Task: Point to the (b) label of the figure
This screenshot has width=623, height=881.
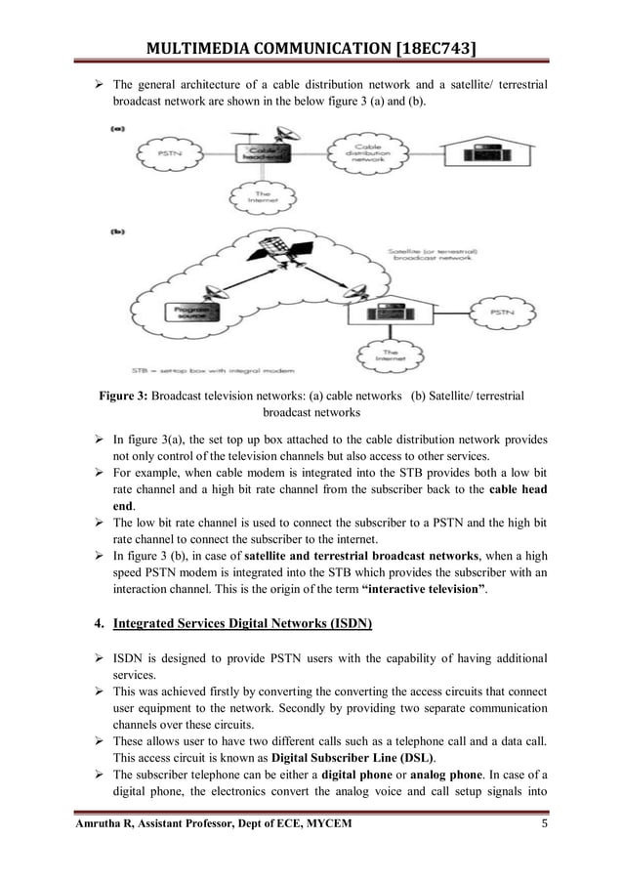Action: tap(118, 232)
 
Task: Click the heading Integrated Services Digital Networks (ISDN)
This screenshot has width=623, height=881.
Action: tap(242, 623)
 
